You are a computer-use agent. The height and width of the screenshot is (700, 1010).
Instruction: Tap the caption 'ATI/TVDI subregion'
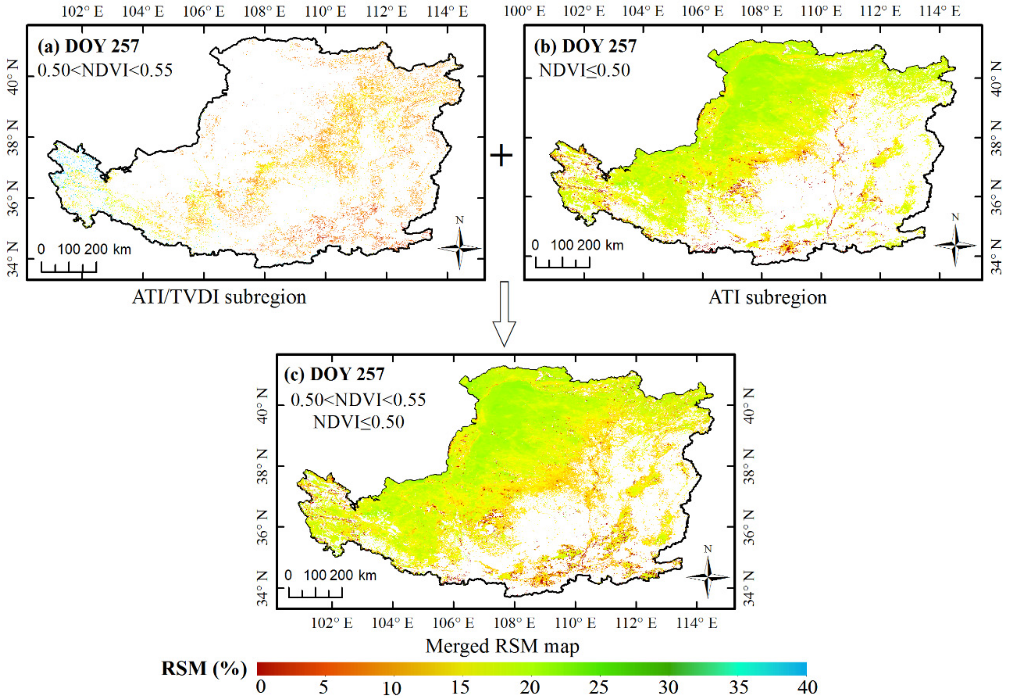point(219,298)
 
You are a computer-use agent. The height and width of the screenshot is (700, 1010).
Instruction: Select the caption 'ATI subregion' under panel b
point(767,298)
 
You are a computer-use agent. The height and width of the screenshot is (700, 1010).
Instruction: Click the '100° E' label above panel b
point(524,11)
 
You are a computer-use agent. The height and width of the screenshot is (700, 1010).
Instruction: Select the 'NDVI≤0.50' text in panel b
point(585,70)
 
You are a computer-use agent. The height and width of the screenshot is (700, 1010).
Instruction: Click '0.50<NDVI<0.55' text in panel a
point(105,70)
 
